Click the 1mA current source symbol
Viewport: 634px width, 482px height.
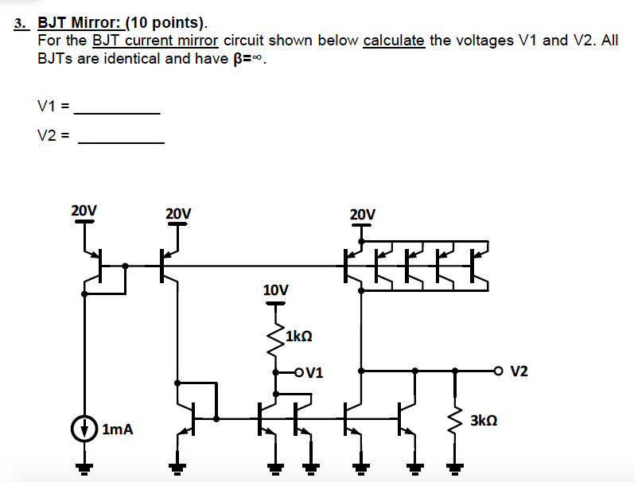[x=84, y=429]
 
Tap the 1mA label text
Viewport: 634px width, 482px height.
[x=118, y=430]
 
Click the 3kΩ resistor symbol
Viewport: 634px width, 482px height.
[x=455, y=419]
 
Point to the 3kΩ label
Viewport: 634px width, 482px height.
[x=485, y=419]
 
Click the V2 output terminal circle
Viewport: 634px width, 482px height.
[x=499, y=371]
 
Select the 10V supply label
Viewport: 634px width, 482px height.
[x=275, y=290]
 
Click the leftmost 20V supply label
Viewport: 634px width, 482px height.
[x=84, y=211]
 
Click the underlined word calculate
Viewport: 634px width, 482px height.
[x=394, y=41]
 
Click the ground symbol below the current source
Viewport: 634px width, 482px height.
[x=84, y=468]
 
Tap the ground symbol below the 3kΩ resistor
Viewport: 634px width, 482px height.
[x=455, y=468]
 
